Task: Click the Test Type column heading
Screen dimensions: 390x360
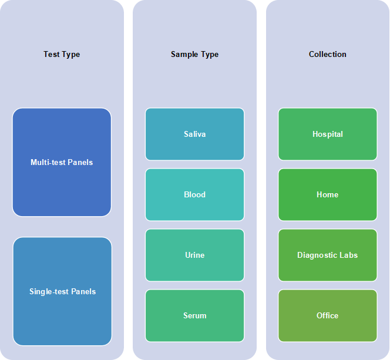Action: coord(62,54)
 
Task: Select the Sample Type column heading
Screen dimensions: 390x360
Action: coord(194,54)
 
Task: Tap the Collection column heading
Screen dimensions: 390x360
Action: coord(327,54)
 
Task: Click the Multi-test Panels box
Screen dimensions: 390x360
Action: coord(62,162)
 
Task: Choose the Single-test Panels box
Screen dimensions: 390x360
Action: coord(62,291)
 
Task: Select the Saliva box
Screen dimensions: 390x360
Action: coord(195,134)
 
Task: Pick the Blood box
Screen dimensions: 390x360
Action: coord(195,194)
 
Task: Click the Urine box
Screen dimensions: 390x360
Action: coord(195,255)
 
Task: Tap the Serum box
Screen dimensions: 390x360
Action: coord(195,315)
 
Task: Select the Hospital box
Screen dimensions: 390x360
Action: coord(328,134)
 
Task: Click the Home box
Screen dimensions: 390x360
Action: coord(328,194)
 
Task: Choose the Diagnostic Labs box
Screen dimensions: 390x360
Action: coord(328,255)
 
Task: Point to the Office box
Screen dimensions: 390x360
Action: coord(328,315)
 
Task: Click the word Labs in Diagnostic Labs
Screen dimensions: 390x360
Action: coord(349,255)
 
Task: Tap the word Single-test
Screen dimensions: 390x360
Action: coord(45,292)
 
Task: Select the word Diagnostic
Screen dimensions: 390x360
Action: coord(318,255)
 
